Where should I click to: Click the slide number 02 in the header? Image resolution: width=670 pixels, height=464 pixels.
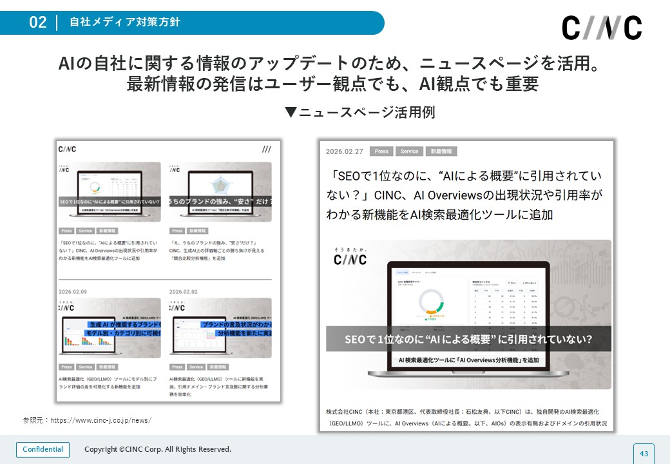tap(38, 23)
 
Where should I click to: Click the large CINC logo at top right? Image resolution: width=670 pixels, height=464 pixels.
tap(602, 28)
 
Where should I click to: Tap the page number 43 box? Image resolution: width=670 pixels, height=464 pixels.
tap(643, 454)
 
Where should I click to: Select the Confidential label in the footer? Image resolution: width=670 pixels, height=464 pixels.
tap(43, 449)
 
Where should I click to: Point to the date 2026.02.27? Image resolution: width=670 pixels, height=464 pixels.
tap(345, 151)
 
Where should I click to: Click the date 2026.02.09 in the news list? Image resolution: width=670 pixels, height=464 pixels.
tap(73, 292)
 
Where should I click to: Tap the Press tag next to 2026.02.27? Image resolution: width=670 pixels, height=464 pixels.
tap(382, 151)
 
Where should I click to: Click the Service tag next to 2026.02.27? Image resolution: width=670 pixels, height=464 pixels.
tap(410, 151)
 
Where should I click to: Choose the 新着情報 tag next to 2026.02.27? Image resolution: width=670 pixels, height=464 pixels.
tap(441, 151)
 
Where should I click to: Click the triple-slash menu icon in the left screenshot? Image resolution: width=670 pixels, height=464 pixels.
tap(267, 149)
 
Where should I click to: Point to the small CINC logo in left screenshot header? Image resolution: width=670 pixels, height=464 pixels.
tap(67, 149)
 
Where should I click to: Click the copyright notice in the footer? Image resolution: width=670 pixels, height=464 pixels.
tap(157, 449)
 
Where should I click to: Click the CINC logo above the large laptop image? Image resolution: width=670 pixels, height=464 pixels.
tap(350, 258)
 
